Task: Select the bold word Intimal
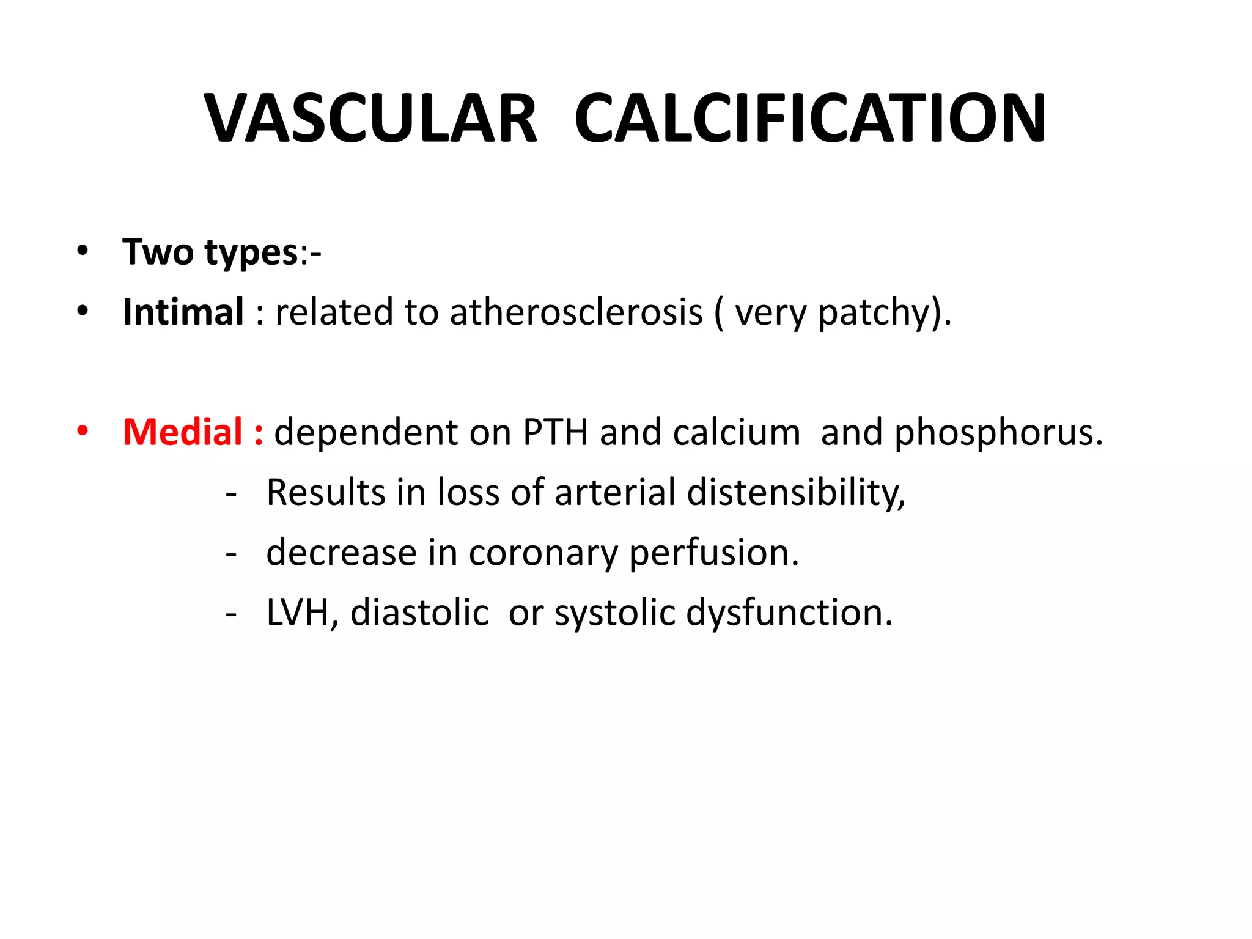tap(183, 312)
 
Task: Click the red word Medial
tap(183, 432)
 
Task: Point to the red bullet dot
tap(83, 430)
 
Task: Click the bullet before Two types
tap(83, 251)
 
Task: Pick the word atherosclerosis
tap(576, 312)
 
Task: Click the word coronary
tap(543, 553)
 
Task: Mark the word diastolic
tap(419, 612)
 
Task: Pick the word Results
tap(326, 492)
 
